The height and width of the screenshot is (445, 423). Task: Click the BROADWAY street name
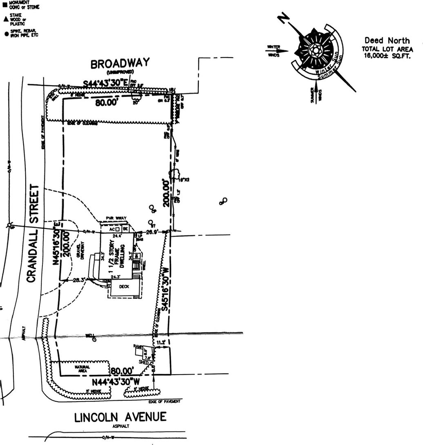120,65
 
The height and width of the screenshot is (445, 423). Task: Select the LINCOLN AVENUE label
120,417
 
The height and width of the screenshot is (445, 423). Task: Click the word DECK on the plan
124,287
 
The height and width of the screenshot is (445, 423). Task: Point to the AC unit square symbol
117,229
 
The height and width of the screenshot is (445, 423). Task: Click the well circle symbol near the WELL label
94,339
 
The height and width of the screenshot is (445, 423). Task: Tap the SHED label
143,362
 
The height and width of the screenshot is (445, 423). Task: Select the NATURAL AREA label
82,367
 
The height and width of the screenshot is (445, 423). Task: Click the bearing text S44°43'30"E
107,83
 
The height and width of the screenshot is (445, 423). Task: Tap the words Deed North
387,40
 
